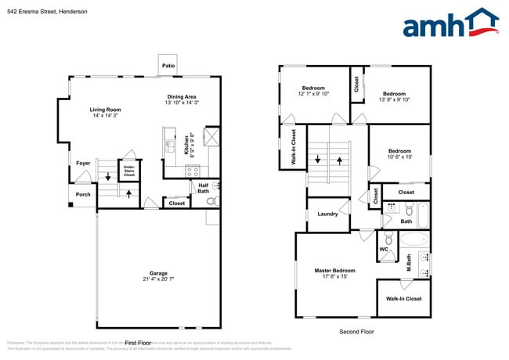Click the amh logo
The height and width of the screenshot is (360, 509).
449,23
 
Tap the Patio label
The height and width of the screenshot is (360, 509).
168,67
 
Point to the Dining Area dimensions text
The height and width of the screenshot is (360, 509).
182,103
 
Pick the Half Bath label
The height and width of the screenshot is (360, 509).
203,188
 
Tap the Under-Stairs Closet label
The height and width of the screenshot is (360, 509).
129,170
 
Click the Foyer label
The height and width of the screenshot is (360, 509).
83,163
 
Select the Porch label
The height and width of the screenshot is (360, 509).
83,195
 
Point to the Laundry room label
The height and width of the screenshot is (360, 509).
327,214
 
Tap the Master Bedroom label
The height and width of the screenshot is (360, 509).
335,271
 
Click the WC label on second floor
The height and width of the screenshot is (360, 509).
384,250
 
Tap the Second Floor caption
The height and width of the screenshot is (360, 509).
356,332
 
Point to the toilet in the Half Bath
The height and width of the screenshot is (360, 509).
210,200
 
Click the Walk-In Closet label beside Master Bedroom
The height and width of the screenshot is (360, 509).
403,298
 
